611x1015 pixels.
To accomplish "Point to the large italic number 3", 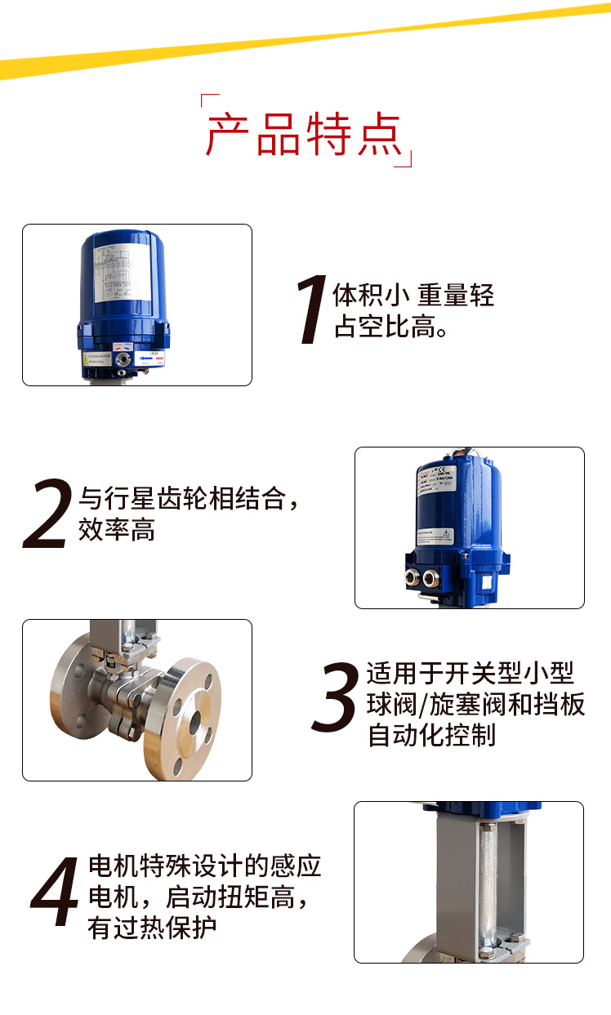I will pos(336,697).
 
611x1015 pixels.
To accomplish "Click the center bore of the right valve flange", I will pos(194,719).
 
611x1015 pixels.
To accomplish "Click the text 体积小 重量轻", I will pos(413,295).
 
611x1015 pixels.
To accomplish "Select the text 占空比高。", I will pos(390,328).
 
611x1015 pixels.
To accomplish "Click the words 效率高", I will pos(116,531).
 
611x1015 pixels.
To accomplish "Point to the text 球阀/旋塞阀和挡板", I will pos(476,705).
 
